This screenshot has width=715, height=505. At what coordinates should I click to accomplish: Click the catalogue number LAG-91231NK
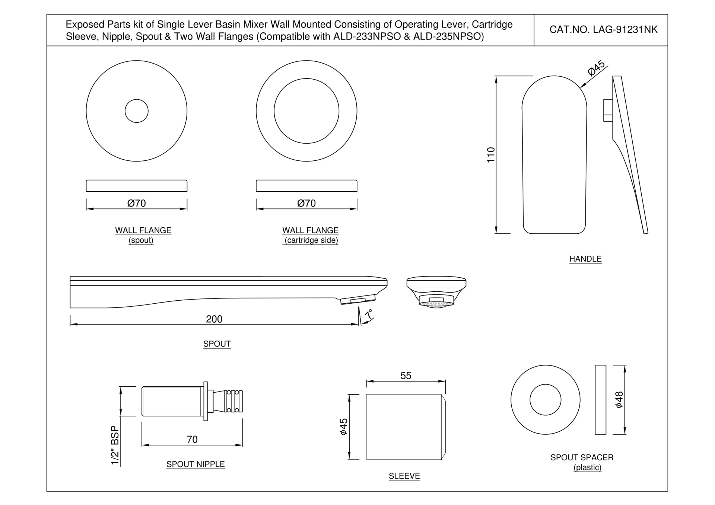603,30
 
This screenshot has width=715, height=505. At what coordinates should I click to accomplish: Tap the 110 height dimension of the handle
491,155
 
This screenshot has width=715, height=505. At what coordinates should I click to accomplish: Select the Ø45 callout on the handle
596,68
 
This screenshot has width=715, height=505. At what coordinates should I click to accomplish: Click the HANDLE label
585,259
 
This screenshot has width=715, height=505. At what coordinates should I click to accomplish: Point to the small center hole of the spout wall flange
136,111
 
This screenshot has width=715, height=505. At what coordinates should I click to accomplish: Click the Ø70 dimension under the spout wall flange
136,203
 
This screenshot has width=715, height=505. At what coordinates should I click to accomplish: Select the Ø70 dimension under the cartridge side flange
306,203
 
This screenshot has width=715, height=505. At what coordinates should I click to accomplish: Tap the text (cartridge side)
311,240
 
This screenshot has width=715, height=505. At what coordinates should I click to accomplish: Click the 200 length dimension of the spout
214,319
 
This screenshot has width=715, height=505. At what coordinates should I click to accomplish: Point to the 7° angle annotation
368,314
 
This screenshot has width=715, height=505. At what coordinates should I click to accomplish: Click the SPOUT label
217,344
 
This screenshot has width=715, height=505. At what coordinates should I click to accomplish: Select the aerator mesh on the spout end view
436,304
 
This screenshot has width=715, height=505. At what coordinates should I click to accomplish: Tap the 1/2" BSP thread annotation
115,445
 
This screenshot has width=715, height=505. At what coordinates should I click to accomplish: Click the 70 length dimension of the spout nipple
192,440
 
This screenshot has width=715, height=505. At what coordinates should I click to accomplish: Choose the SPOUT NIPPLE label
195,464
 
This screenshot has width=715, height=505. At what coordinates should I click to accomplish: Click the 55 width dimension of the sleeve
406,376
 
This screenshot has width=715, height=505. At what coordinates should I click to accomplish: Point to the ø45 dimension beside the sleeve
343,427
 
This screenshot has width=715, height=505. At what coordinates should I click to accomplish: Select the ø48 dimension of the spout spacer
619,400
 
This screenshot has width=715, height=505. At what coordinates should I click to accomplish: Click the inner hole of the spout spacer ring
545,400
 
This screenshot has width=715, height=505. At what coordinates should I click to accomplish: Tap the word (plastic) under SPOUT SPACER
587,468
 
